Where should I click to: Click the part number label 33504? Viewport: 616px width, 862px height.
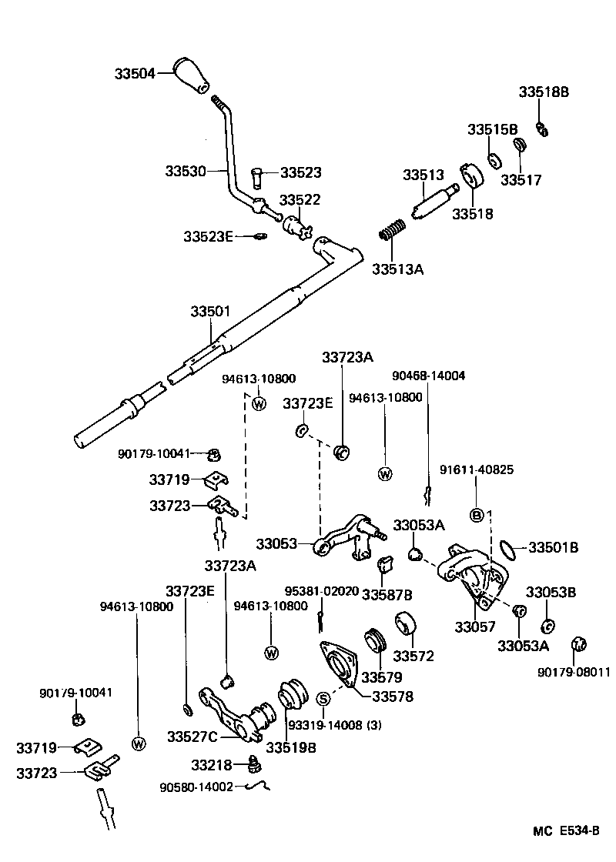click(x=135, y=74)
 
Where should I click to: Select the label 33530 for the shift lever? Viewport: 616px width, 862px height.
click(x=185, y=171)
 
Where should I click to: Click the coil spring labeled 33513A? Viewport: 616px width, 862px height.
click(x=393, y=230)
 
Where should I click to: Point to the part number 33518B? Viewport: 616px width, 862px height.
click(x=543, y=92)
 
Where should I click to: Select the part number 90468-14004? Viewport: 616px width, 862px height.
click(x=428, y=376)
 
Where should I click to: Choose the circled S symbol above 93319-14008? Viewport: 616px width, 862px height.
click(x=323, y=699)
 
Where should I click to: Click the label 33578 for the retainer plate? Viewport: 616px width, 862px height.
click(x=393, y=697)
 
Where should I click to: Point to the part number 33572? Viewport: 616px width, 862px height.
click(x=413, y=657)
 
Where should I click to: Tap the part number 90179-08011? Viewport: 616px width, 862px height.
click(x=574, y=672)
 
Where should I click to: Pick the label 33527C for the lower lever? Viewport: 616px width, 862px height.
click(x=192, y=736)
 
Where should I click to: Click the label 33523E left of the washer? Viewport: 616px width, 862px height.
click(x=208, y=236)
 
